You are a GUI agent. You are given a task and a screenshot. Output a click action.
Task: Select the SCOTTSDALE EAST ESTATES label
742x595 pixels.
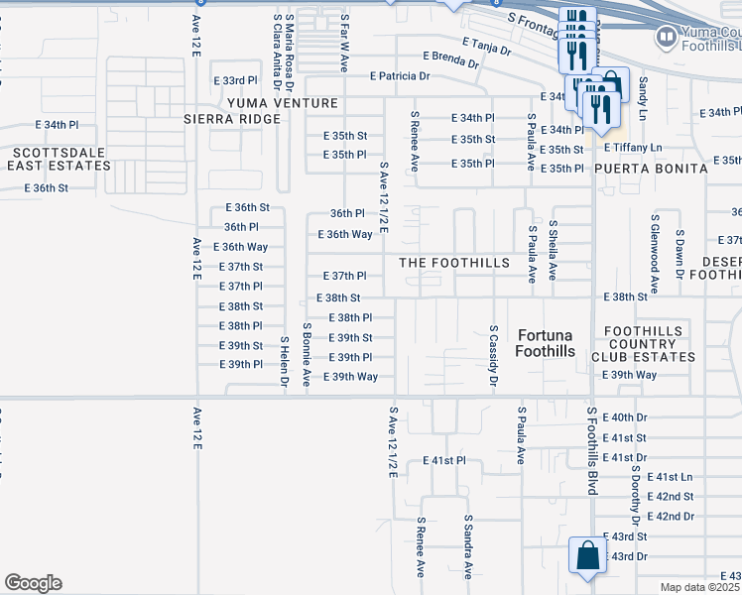pyautogui.click(x=59, y=160)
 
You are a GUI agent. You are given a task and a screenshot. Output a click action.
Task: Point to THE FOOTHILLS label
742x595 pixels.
pyautogui.click(x=454, y=263)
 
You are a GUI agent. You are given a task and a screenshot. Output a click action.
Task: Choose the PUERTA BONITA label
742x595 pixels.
pyautogui.click(x=651, y=169)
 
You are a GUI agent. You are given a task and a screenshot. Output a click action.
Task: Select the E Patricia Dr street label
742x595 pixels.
pyautogui.click(x=400, y=75)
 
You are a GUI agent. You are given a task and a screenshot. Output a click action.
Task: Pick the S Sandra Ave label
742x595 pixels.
pyautogui.click(x=467, y=545)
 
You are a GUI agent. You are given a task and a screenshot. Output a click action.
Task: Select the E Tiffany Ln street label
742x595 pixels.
pyautogui.click(x=632, y=147)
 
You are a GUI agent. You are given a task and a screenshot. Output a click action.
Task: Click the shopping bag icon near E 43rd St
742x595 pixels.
pyautogui.click(x=586, y=556)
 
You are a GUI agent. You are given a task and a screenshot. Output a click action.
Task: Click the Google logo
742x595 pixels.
pyautogui.click(x=33, y=583)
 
